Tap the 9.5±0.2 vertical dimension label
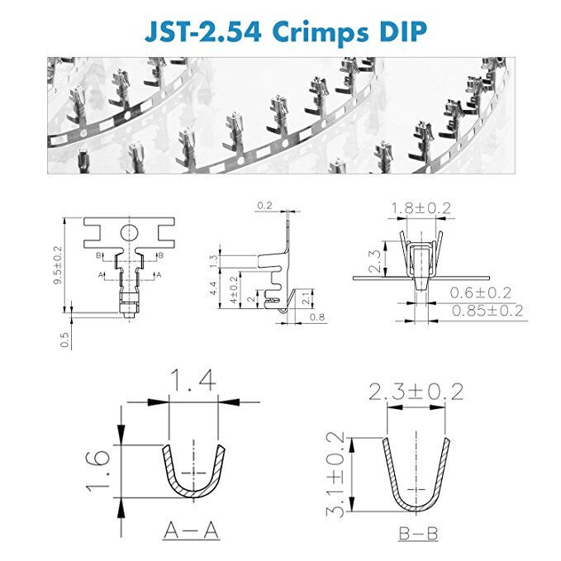coord(57,265)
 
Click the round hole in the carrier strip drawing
coord(129,233)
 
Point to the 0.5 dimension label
coord(64,340)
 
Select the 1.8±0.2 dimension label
coord(421,208)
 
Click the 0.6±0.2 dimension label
coord(481,292)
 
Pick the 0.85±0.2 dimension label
coord(487,310)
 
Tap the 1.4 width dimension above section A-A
coord(193,380)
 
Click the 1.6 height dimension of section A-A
coord(97,471)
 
